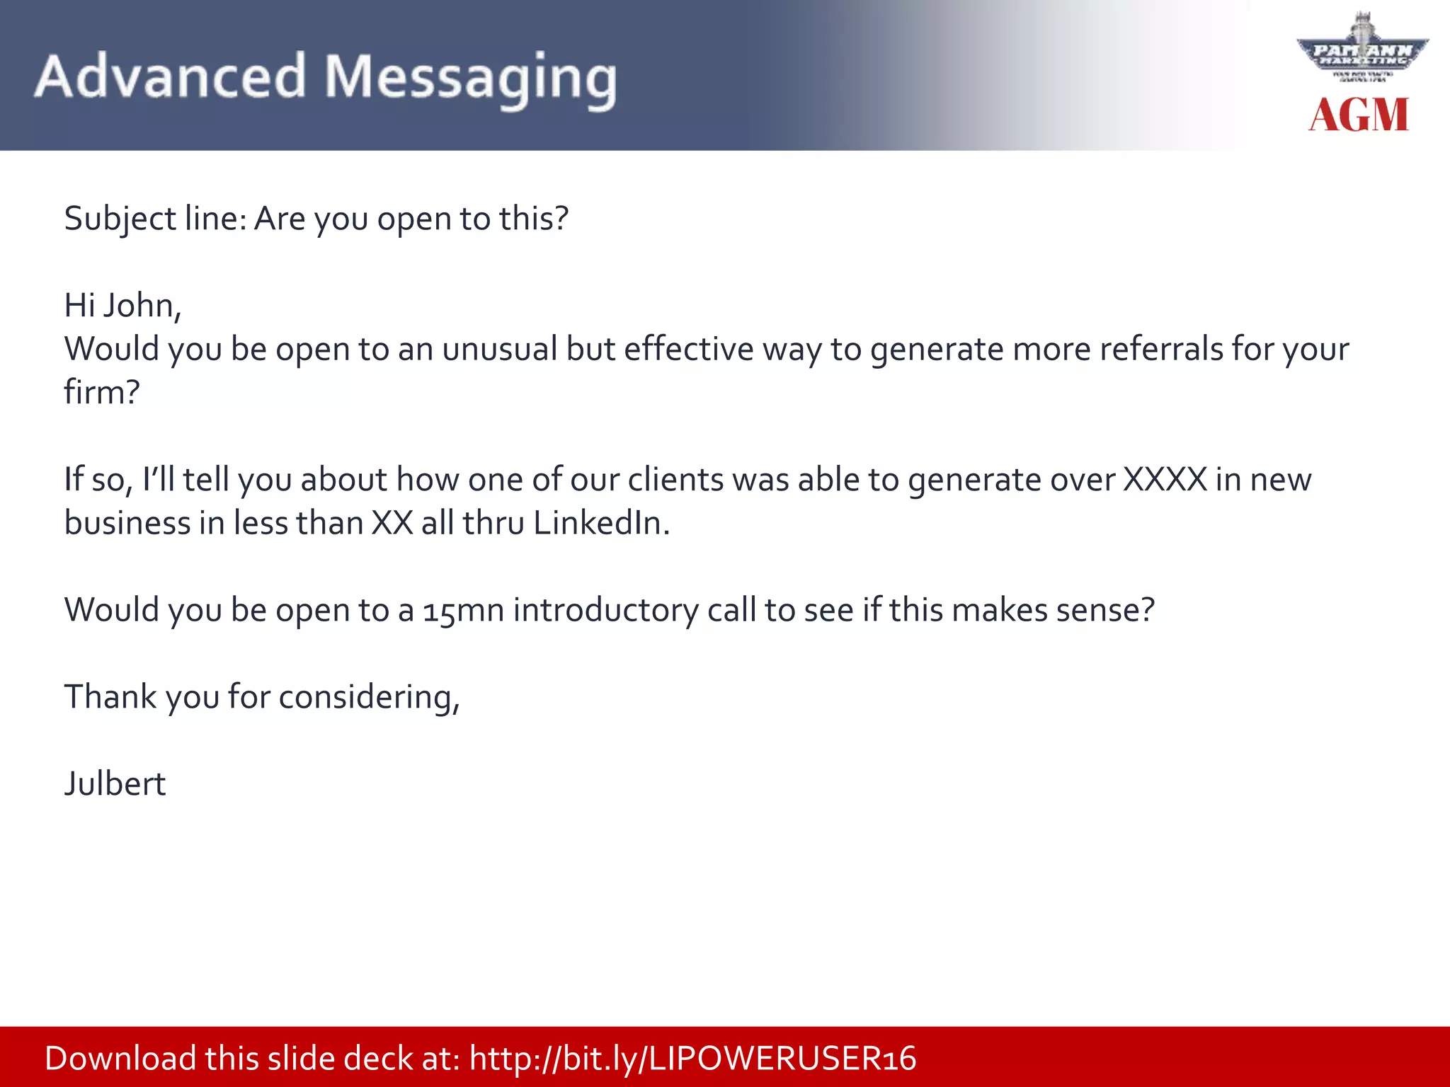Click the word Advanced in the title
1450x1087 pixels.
pos(170,76)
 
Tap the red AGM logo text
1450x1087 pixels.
pos(1359,115)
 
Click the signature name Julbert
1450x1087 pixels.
pos(115,784)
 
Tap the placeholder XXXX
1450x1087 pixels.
pos(1165,480)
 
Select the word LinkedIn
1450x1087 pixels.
pos(600,523)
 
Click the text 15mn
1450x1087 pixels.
pos(463,610)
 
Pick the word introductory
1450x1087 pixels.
pos(605,610)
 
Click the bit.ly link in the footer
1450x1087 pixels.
pos(692,1059)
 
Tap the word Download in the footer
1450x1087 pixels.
pos(120,1059)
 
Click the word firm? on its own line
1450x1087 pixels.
pos(102,392)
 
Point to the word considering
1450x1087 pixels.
pos(369,698)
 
